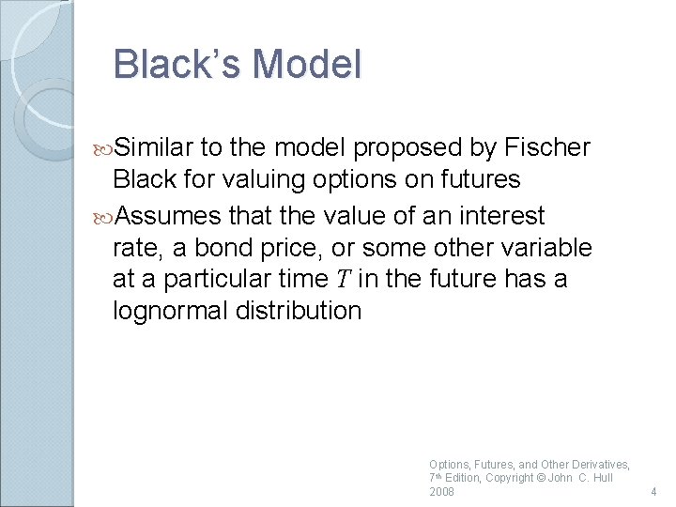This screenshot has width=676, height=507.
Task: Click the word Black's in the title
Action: pyautogui.click(x=177, y=65)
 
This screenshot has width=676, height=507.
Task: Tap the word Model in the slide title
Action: pyautogui.click(x=307, y=65)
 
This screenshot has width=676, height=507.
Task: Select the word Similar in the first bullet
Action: pyautogui.click(x=155, y=147)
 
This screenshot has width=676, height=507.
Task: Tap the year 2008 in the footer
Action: pyautogui.click(x=441, y=491)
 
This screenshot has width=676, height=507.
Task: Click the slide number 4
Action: pyautogui.click(x=652, y=491)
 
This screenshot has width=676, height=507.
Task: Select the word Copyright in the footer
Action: pyautogui.click(x=509, y=478)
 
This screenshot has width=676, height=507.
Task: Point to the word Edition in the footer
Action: pyautogui.click(x=462, y=478)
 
